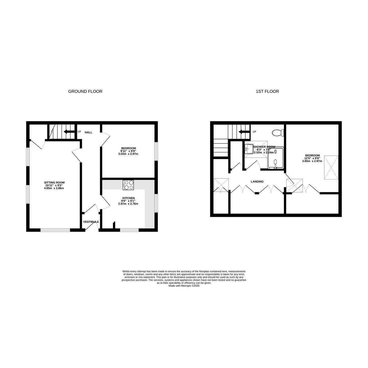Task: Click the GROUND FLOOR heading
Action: coord(85,91)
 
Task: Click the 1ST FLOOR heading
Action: coord(267,91)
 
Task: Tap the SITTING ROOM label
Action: coord(54,182)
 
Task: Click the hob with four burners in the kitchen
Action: coord(128,185)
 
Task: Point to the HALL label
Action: coord(89,132)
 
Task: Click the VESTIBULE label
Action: coord(91,222)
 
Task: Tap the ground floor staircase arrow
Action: coord(69,132)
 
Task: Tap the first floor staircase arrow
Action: coord(244,132)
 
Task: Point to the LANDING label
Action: coord(257,182)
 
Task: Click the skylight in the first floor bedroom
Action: coord(331,167)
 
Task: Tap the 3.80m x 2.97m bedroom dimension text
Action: coord(312,161)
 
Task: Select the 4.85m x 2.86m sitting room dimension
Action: coord(54,188)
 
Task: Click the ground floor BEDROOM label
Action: coord(128,148)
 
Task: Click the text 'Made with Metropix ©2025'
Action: coord(184,286)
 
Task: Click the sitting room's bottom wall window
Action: coord(56,230)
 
